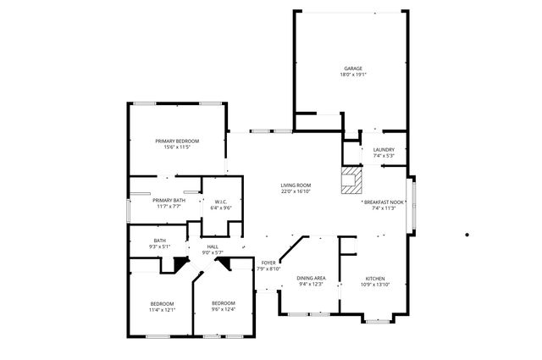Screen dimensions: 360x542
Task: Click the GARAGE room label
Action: tap(352, 69)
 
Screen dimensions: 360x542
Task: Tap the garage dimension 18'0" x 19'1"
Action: tap(352, 75)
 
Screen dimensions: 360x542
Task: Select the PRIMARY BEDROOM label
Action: tap(177, 141)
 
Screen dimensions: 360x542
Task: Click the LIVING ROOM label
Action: tap(296, 186)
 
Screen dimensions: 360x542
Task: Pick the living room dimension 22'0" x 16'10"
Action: tap(296, 191)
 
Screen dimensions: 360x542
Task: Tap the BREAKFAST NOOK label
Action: tap(384, 202)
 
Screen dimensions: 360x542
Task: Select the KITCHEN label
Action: tap(375, 278)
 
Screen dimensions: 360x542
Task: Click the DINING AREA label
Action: tap(312, 278)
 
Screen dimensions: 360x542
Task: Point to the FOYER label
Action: tap(268, 263)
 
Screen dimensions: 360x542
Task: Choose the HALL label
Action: tap(212, 246)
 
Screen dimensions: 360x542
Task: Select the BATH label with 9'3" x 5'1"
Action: tap(159, 241)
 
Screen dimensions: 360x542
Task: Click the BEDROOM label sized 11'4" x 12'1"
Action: tap(162, 303)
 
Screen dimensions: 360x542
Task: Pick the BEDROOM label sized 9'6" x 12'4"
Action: tap(223, 303)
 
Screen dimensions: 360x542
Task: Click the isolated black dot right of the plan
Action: tap(467, 235)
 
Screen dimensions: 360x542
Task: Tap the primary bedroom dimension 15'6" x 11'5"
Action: tap(177, 147)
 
